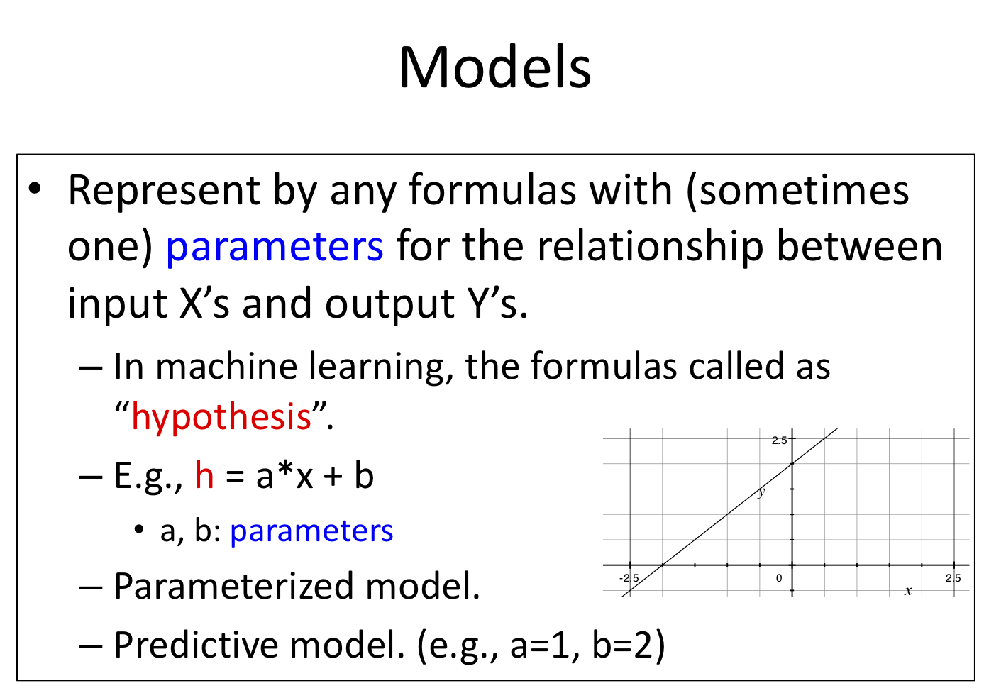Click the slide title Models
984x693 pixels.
[x=494, y=67]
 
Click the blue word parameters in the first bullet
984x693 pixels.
[x=275, y=247]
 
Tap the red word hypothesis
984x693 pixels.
[x=221, y=416]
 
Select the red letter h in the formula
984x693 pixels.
[x=204, y=475]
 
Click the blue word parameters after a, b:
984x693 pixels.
[x=311, y=531]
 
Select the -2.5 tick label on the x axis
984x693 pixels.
[x=629, y=578]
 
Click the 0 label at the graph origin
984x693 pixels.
[x=779, y=578]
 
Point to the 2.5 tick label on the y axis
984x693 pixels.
[x=780, y=440]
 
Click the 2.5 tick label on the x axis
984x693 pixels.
[x=953, y=578]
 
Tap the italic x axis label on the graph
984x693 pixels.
[x=908, y=591]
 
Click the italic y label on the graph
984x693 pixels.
[x=761, y=492]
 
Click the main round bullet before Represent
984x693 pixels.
[x=35, y=189]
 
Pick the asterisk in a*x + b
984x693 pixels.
[x=285, y=472]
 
